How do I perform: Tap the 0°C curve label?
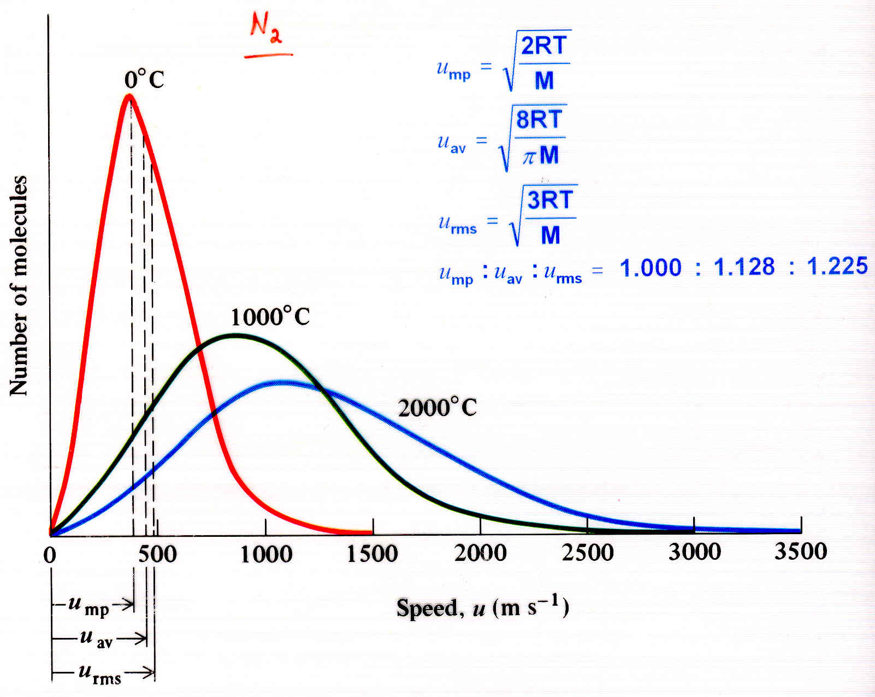click(144, 80)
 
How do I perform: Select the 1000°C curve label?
click(270, 317)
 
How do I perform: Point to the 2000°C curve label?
click(437, 407)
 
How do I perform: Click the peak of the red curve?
click(129, 97)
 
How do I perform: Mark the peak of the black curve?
click(235, 335)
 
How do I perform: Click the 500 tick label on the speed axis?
click(157, 554)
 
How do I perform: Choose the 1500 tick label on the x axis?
click(373, 554)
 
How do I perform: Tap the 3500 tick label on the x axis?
click(801, 552)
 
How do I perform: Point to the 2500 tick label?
click(588, 553)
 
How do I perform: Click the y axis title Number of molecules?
click(19, 285)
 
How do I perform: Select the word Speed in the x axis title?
click(426, 608)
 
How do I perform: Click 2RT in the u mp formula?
click(544, 46)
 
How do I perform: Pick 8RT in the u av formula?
click(539, 119)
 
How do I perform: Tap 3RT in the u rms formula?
click(549, 200)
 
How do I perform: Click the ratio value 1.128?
click(744, 267)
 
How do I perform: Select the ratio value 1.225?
click(837, 266)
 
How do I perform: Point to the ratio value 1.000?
click(651, 268)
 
